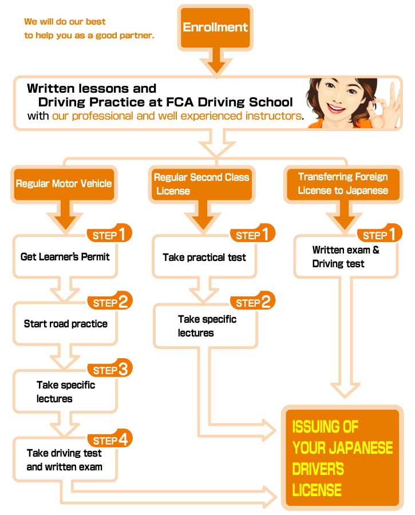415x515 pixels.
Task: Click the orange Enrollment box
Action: (x=215, y=27)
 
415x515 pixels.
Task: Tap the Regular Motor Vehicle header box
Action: (x=64, y=184)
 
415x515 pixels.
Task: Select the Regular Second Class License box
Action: (x=201, y=184)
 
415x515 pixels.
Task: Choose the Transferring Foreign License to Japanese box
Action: (x=343, y=184)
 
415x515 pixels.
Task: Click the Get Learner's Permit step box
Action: (x=65, y=256)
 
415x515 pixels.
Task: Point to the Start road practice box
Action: (x=65, y=323)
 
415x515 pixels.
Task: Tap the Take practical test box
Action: (x=204, y=257)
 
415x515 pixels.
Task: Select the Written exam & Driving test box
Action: (x=346, y=256)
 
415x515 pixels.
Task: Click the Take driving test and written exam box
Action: (x=65, y=459)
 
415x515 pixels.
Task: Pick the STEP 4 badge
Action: (x=110, y=438)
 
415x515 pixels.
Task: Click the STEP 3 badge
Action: (x=110, y=368)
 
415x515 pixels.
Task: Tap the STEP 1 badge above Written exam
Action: (x=380, y=233)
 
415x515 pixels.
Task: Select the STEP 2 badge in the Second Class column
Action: (x=252, y=300)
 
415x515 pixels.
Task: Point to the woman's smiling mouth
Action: (x=335, y=108)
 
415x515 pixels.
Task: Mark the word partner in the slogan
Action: (x=136, y=35)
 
